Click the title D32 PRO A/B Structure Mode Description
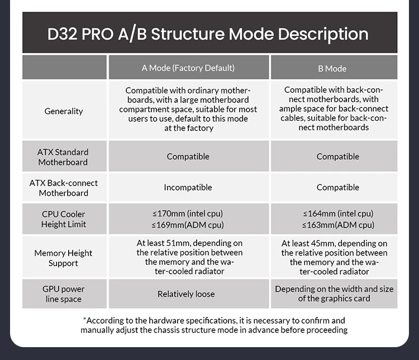[x=208, y=34]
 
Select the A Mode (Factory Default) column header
[x=188, y=68]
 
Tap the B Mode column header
[x=332, y=69]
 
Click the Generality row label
[x=64, y=111]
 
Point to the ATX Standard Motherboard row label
[x=63, y=157]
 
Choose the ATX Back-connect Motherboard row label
[x=64, y=188]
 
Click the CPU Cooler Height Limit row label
[x=64, y=219]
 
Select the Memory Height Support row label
[x=63, y=258]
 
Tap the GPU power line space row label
[x=64, y=293]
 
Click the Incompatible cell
[x=188, y=187]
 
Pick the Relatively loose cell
[x=186, y=294]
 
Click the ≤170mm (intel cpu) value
[x=188, y=214]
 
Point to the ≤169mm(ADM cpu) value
[x=188, y=225]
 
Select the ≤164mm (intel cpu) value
[x=339, y=214]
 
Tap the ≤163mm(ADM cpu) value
[x=339, y=225]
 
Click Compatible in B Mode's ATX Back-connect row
[x=338, y=187]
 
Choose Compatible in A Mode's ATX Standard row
[x=188, y=157]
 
